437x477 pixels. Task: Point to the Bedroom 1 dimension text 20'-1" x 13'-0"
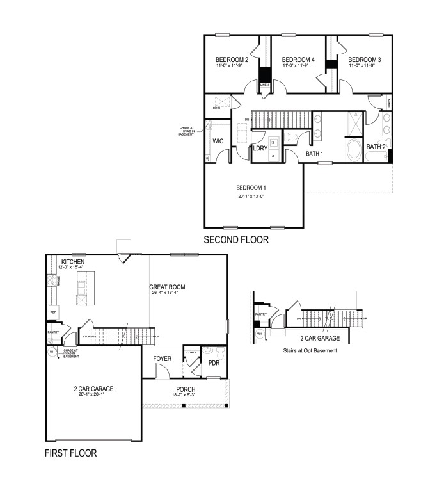click(250, 196)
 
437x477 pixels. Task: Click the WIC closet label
click(218, 140)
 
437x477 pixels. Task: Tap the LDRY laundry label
click(260, 149)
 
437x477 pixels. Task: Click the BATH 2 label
click(376, 147)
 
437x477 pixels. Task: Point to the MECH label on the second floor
click(217, 108)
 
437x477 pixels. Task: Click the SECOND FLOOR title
click(236, 240)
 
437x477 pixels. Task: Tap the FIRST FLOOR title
click(70, 453)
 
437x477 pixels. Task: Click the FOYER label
click(162, 359)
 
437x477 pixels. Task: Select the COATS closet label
click(191, 352)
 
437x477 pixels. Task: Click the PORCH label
click(186, 389)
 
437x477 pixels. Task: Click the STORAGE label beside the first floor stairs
click(90, 336)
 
